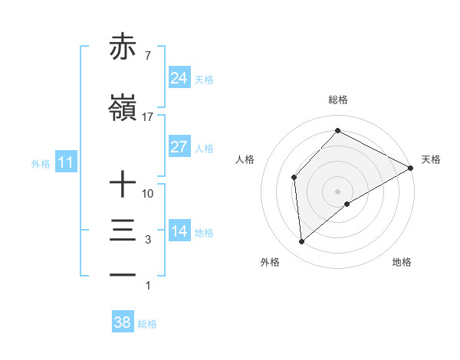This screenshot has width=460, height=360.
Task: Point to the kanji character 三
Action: coord(123,231)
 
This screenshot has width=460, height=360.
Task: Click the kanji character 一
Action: coord(123,274)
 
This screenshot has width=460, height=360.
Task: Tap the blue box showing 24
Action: coord(179,78)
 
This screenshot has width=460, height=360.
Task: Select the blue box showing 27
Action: coord(179,147)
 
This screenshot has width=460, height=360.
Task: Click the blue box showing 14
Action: coord(179,231)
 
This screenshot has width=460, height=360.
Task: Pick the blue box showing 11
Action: coord(65,162)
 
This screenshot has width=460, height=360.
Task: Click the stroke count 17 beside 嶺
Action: coord(148,117)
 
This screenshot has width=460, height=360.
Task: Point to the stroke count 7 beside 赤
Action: coord(147,56)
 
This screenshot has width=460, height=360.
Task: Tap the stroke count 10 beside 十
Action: coord(148,194)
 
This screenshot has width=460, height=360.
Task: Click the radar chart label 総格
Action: coord(337,100)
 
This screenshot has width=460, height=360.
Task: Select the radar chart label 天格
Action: coord(431,159)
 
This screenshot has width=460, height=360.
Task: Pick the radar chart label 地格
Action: coord(402,262)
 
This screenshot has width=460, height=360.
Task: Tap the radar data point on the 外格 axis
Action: coord(302,242)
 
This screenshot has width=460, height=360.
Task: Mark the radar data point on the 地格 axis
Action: coord(347,204)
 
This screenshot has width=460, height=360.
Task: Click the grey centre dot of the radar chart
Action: coord(337,190)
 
